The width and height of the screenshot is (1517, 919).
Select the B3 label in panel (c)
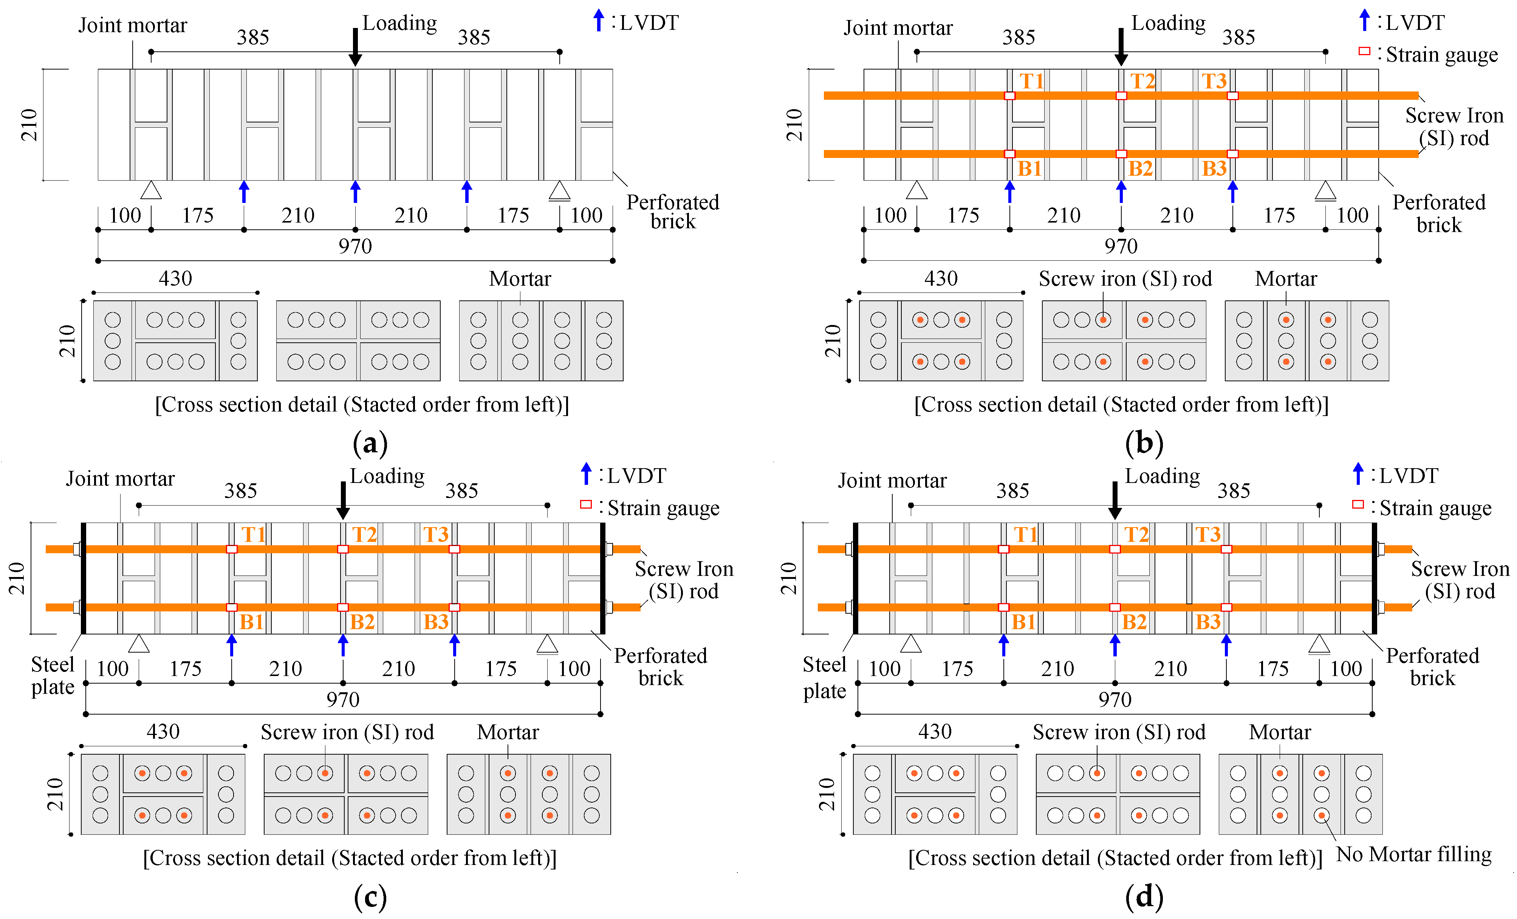tap(436, 622)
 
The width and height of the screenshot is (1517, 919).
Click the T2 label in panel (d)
tap(1136, 534)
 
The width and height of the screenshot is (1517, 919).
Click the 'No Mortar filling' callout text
tap(1413, 854)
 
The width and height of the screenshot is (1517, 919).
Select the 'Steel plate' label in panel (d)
tap(824, 678)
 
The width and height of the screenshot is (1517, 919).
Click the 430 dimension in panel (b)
tap(941, 278)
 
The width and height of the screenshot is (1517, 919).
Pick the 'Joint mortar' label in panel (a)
tap(132, 25)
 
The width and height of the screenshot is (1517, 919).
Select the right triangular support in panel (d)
tap(1319, 644)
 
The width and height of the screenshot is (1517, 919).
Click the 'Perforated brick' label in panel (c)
tap(661, 667)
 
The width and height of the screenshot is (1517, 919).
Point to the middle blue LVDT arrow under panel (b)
tap(1121, 192)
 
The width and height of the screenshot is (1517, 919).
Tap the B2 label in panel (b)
tap(1140, 169)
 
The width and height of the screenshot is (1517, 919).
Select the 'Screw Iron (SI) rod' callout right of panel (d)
tap(1460, 580)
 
